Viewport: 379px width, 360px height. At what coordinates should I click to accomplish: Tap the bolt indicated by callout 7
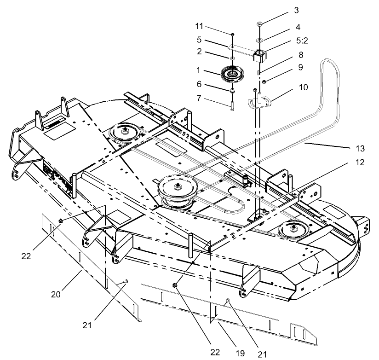point(232,103)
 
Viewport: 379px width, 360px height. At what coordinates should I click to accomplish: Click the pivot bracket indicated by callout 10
point(261,101)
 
